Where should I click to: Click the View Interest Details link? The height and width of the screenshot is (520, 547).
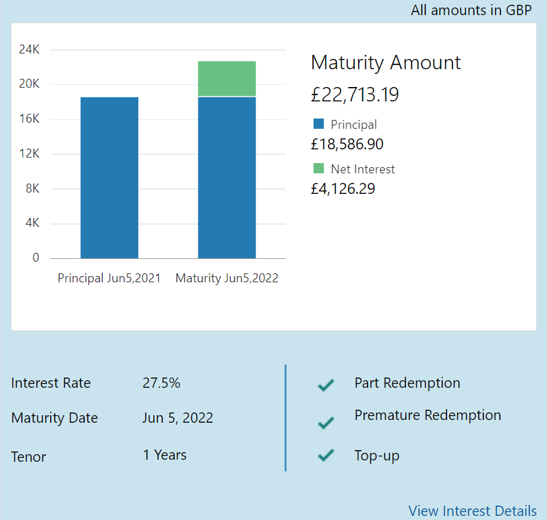pyautogui.click(x=472, y=510)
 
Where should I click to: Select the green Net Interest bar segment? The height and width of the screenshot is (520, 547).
pyautogui.click(x=227, y=78)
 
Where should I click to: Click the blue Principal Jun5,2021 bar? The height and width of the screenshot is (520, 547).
pyautogui.click(x=110, y=177)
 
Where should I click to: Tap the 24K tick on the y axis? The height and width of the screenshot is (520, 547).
pyautogui.click(x=29, y=49)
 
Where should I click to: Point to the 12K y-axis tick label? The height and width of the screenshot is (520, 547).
pyautogui.click(x=29, y=153)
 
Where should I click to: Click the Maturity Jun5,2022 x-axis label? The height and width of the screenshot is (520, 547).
pyautogui.click(x=227, y=278)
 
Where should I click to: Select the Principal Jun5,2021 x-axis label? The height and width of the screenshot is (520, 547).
pyautogui.click(x=109, y=278)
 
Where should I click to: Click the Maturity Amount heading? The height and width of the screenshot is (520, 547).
pyautogui.click(x=385, y=62)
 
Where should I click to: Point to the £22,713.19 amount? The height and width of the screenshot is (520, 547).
pyautogui.click(x=355, y=95)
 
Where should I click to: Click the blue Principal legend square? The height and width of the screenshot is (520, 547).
pyautogui.click(x=318, y=124)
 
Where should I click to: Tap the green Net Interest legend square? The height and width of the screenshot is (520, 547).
pyautogui.click(x=318, y=169)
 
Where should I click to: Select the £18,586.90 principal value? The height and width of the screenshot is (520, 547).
pyautogui.click(x=347, y=144)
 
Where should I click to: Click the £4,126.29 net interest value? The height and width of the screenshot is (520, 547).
pyautogui.click(x=343, y=188)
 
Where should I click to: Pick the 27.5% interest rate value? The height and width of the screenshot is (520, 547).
pyautogui.click(x=162, y=383)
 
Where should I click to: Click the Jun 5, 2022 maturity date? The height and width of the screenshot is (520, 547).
pyautogui.click(x=178, y=418)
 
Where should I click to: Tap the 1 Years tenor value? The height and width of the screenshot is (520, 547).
pyautogui.click(x=164, y=455)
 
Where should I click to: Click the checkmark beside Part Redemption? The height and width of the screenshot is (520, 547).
pyautogui.click(x=326, y=385)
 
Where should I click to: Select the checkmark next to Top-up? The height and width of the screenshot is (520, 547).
pyautogui.click(x=326, y=455)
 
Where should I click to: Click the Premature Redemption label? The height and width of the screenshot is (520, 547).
pyautogui.click(x=428, y=415)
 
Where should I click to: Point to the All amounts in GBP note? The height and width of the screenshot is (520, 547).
pyautogui.click(x=471, y=10)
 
